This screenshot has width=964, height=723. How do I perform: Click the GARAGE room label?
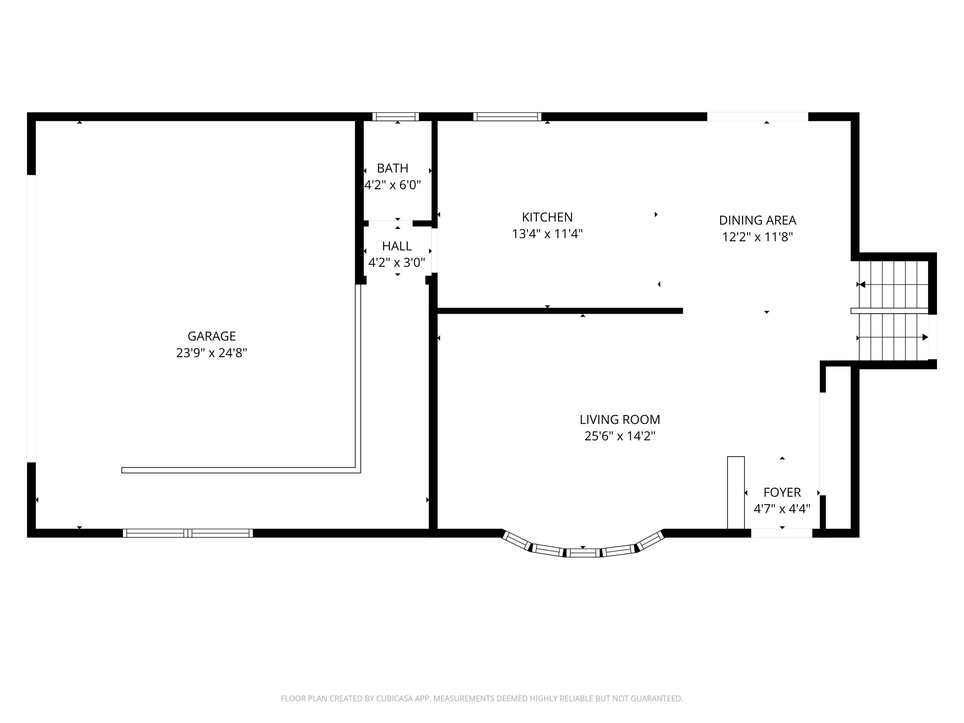pyautogui.click(x=211, y=336)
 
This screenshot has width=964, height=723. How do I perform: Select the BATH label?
pyautogui.click(x=392, y=168)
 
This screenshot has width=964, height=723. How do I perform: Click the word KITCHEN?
pyautogui.click(x=547, y=217)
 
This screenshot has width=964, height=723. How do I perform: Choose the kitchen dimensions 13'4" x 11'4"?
pyautogui.click(x=547, y=234)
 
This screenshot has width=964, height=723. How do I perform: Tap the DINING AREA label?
pyautogui.click(x=757, y=220)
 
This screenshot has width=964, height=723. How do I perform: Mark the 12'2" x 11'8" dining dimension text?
pyautogui.click(x=757, y=237)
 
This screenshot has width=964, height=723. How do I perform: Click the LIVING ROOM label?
pyautogui.click(x=620, y=419)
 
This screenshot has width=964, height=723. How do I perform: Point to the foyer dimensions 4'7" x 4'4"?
pyautogui.click(x=782, y=509)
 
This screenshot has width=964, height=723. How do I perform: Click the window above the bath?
pyautogui.click(x=395, y=117)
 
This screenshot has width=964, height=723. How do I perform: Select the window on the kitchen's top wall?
pyautogui.click(x=507, y=117)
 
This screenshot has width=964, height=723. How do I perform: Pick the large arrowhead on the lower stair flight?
pyautogui.click(x=925, y=337)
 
